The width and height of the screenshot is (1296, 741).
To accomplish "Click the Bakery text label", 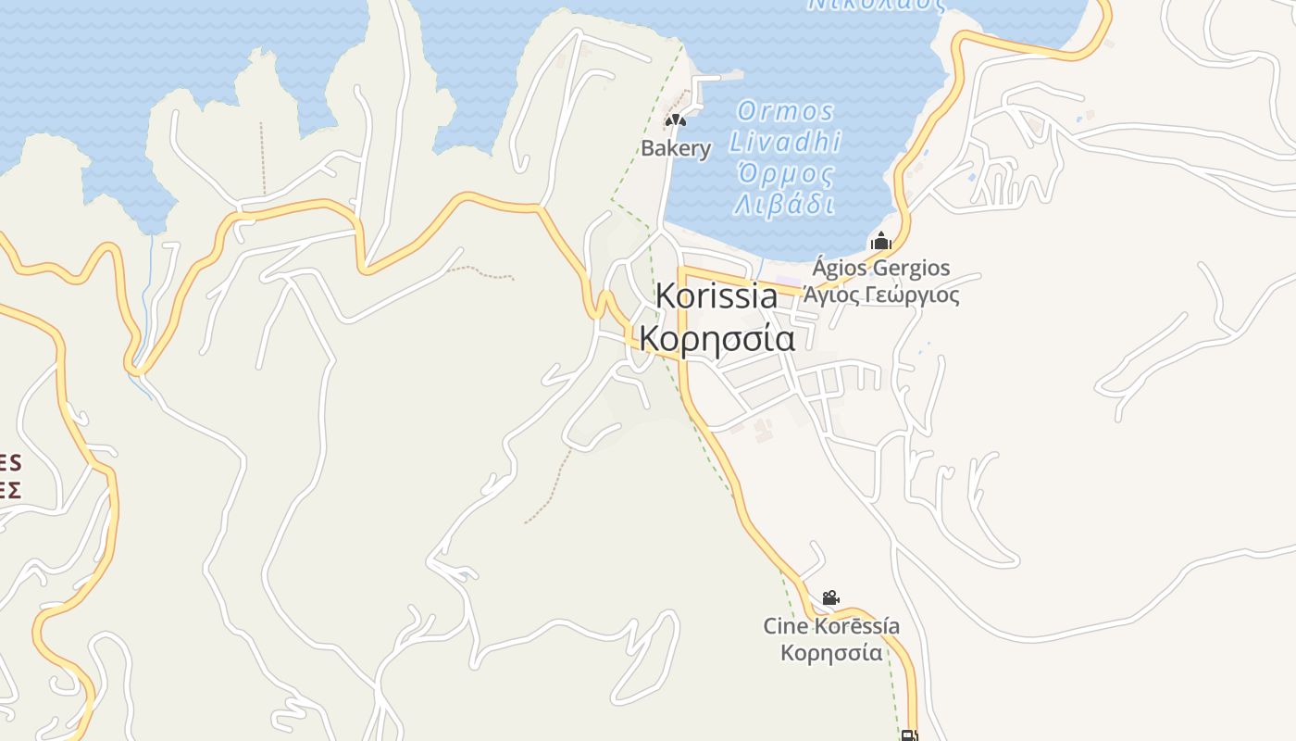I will click(x=677, y=148).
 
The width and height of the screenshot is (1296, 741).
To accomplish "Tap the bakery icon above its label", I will click(x=676, y=119).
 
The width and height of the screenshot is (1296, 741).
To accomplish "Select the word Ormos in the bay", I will click(x=786, y=112).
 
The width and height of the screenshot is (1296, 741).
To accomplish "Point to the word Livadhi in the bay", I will click(x=785, y=142).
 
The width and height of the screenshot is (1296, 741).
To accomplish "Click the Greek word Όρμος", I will click(x=785, y=173).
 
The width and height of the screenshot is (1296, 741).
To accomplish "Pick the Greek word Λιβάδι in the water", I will click(x=784, y=204).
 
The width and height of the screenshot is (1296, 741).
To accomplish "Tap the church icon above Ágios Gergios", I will click(x=880, y=242).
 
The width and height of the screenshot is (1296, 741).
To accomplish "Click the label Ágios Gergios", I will click(x=880, y=269).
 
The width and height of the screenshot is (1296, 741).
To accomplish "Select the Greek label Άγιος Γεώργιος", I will click(x=880, y=295).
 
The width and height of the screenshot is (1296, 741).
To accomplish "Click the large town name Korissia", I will click(x=717, y=296).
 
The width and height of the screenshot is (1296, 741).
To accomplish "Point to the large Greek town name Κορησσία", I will click(x=717, y=340).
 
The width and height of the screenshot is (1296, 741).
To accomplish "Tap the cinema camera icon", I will click(x=830, y=598).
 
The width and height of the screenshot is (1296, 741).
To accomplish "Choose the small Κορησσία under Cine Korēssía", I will click(x=831, y=653).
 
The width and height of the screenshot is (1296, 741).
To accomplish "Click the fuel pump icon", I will click(x=909, y=735).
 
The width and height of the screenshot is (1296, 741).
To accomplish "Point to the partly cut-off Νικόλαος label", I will click(x=876, y=5).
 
